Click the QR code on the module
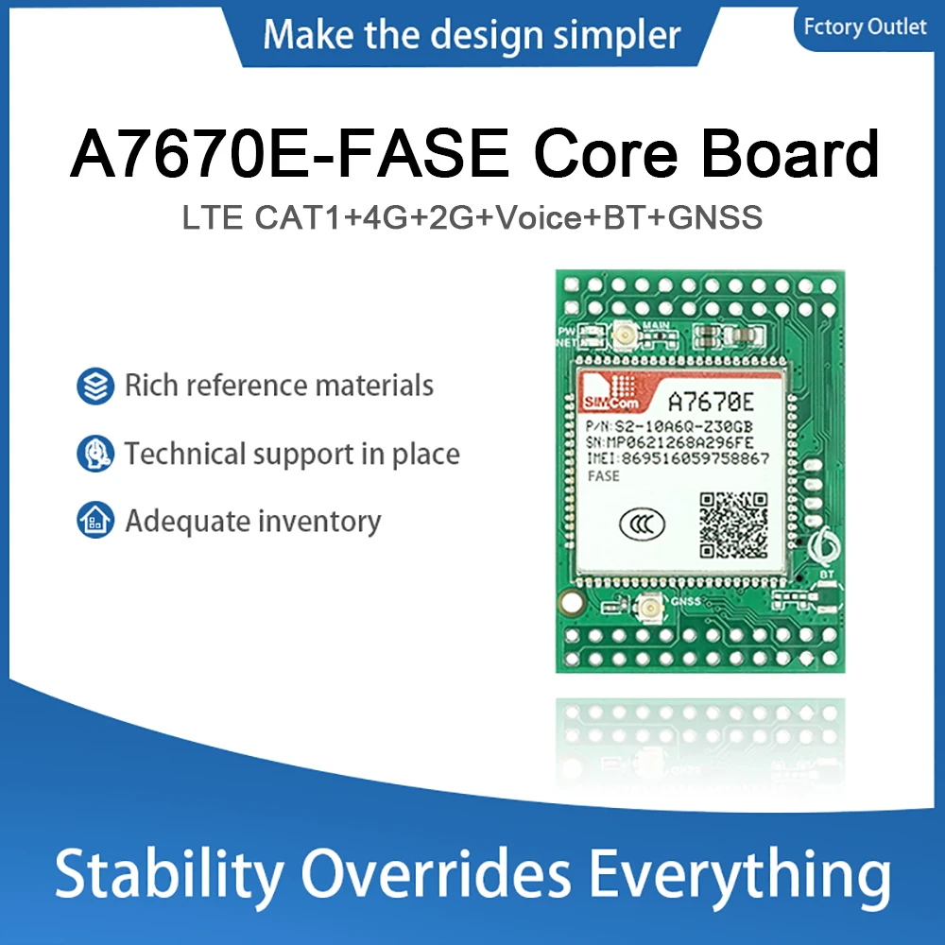[733, 524]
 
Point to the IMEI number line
[679, 458]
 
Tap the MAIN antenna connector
[625, 334]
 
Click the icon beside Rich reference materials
[95, 387]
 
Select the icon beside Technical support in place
[95, 455]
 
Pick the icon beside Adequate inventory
[95, 522]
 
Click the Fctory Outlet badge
[865, 26]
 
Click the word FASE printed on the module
[604, 476]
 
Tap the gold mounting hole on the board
[570, 601]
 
